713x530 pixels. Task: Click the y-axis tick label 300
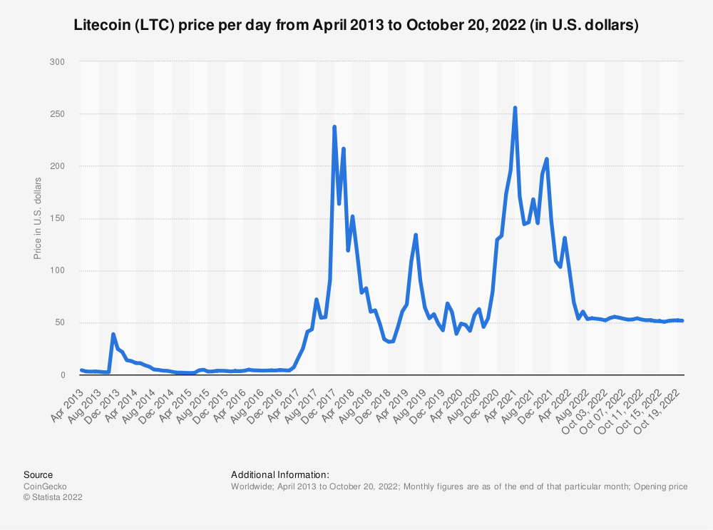coord(58,62)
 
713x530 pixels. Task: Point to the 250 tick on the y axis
coord(58,114)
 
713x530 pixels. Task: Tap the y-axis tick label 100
coord(58,270)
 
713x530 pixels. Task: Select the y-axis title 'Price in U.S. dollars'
coord(38,218)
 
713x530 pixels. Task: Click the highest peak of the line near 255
coord(515,108)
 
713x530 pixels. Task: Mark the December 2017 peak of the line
coord(334,127)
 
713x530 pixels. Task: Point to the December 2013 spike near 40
coord(113,334)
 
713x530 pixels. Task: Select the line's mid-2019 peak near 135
coord(416,235)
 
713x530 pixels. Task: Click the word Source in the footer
coord(38,474)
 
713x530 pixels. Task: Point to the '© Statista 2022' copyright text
coord(53,498)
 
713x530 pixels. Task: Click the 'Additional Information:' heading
coord(279,474)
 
